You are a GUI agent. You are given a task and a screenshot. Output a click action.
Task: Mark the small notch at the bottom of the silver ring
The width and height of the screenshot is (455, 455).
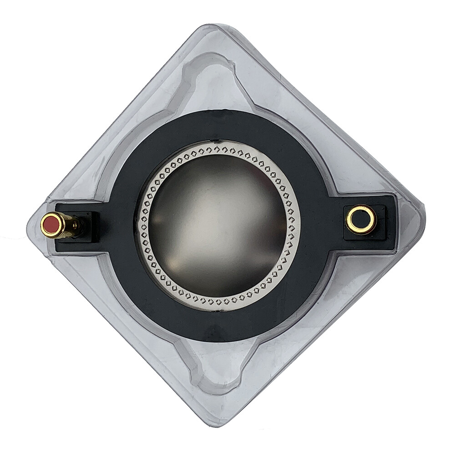[217, 311]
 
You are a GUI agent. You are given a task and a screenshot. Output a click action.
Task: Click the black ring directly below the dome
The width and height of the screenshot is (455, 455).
[217, 325]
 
